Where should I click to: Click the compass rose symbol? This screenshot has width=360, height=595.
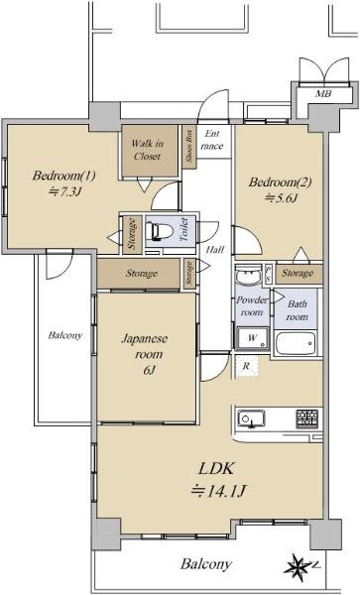299,567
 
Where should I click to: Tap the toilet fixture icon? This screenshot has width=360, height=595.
161,231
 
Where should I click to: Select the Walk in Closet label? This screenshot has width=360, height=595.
147,150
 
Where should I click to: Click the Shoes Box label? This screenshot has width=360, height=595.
189,146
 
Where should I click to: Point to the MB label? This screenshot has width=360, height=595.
323,93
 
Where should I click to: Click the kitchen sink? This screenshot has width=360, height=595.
251,418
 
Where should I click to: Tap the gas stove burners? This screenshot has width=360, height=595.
306,418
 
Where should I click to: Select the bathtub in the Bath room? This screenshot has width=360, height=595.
296,343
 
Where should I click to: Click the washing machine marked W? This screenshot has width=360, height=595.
252,338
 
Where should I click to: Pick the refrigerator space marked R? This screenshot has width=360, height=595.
247,366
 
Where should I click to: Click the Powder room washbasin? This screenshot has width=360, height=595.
248,275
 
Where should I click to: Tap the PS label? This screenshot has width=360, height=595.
268,274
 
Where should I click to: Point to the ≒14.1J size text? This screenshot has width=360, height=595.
218,492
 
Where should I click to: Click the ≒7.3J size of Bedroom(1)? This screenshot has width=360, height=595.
64,192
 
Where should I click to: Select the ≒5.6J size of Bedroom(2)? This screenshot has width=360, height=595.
280,198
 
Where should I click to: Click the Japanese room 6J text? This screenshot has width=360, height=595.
145,354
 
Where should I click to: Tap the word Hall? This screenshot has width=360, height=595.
215,250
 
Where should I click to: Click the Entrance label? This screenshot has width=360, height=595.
212,140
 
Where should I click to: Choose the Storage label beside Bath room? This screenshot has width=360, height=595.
298,274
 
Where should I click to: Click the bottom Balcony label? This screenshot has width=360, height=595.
206,564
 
